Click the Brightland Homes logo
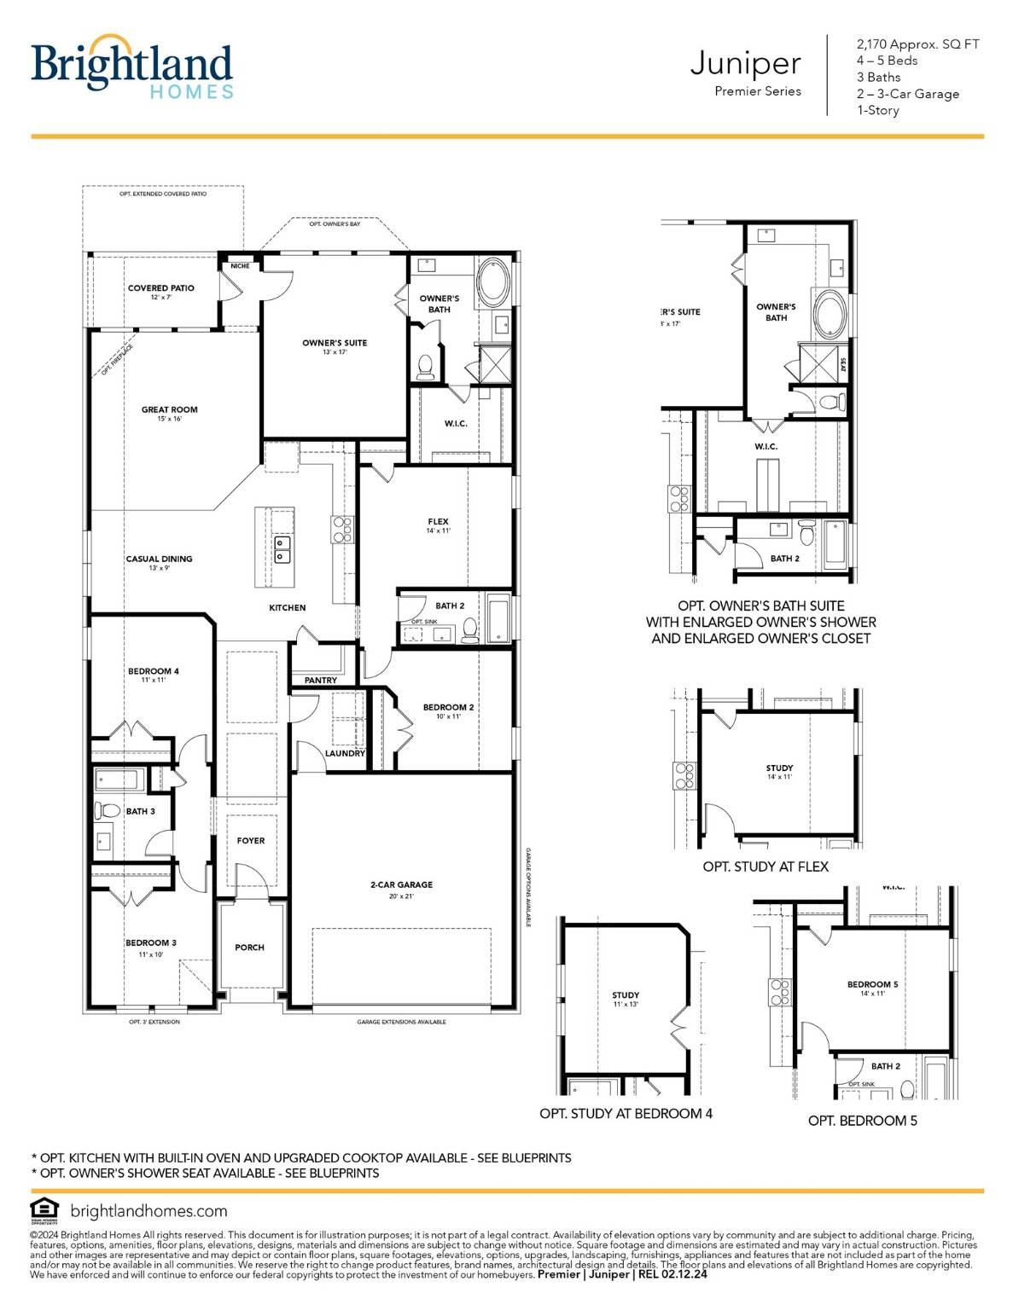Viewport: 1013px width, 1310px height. [x=131, y=67]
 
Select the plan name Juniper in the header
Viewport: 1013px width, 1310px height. [x=745, y=63]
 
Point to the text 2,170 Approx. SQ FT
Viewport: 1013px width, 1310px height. [x=917, y=44]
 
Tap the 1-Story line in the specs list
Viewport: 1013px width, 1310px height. [x=877, y=110]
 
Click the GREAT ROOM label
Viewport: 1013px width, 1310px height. [x=169, y=410]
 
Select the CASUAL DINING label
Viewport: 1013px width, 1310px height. [x=159, y=559]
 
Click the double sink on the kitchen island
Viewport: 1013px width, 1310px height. [x=282, y=549]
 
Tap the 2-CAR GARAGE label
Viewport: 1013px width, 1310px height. [x=401, y=885]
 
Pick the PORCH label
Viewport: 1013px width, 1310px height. [x=249, y=948]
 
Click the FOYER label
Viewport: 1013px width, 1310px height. [x=251, y=841]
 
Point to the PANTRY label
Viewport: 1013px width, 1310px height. [x=320, y=681]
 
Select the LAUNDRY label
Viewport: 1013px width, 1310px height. [x=345, y=753]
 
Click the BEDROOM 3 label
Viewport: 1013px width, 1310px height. [x=151, y=943]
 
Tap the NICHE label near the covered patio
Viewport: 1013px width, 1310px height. [x=240, y=266]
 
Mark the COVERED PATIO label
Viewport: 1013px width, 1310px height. [x=160, y=288]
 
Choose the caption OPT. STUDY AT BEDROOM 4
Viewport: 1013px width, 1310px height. [x=626, y=1113]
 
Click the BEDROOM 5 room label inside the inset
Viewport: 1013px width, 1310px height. [x=872, y=984]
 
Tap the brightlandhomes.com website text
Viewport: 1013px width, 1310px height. [x=148, y=1211]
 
